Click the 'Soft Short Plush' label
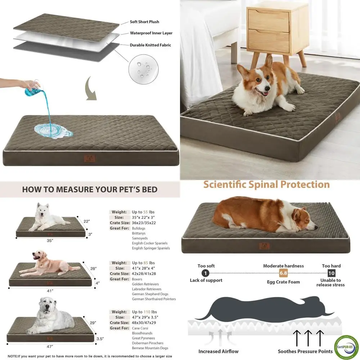coord(144,22)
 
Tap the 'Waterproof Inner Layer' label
coord(151,33)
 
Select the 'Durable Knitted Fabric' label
coord(150,45)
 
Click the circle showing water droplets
coord(143,69)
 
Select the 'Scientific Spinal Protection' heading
coord(266,185)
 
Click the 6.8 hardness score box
coord(283,273)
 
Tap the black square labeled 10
coord(331,273)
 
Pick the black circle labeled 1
coord(206,273)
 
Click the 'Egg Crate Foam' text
coord(283,282)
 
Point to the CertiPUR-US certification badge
coord(346,347)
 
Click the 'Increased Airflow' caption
coord(218,351)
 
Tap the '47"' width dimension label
coord(50,347)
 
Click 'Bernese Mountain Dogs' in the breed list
coord(150,348)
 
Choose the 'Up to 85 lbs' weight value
coord(143,263)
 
